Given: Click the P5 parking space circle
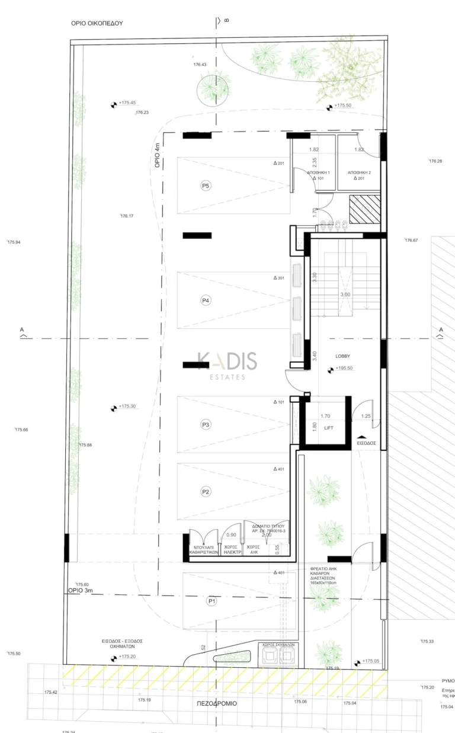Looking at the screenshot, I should tap(206, 186).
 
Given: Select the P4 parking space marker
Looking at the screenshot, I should tap(206, 300).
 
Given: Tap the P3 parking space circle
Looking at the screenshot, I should tap(206, 425).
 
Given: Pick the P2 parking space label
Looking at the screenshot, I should tap(206, 491).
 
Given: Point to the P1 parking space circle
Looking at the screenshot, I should tap(211, 601).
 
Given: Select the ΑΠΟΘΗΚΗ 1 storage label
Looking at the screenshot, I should tap(321, 172).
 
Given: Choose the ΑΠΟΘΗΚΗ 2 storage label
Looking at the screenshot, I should tap(359, 172).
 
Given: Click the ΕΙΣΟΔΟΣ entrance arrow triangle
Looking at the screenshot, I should tap(362, 436).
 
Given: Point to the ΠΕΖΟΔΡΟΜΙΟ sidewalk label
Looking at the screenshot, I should tap(217, 703).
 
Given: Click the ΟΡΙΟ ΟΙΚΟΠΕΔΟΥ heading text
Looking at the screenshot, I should tap(97, 23).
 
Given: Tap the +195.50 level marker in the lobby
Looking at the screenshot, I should tap(344, 369).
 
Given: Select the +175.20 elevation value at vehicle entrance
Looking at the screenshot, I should tap(127, 657).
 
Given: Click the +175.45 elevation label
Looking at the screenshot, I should tap(127, 103).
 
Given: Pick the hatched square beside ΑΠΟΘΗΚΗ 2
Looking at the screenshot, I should tap(363, 210).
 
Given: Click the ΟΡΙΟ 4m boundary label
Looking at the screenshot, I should tap(157, 156).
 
